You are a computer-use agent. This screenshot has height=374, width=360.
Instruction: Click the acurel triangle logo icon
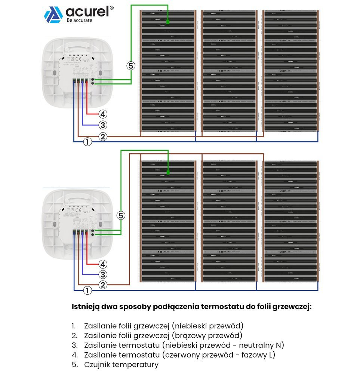(53, 15)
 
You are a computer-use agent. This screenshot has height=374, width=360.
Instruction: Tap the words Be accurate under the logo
(79, 20)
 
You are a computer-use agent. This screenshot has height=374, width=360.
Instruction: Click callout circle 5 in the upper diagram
(130, 66)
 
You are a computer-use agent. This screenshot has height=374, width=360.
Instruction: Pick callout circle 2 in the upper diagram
(103, 137)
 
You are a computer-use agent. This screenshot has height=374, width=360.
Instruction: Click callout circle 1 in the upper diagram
(87, 142)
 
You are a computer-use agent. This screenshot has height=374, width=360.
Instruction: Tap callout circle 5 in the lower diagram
(120, 215)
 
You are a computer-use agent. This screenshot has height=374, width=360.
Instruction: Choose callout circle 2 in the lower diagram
(103, 285)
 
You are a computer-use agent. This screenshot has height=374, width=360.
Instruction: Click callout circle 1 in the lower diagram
(87, 291)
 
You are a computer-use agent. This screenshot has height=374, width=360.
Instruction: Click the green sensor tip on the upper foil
(168, 22)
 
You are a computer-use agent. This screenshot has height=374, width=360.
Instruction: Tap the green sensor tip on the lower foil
(168, 172)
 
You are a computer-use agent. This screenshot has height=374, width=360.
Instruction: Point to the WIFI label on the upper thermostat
(87, 59)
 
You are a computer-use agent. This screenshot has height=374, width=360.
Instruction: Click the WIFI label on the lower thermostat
(87, 212)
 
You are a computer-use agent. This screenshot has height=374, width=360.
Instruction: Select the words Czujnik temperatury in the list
(121, 364)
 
